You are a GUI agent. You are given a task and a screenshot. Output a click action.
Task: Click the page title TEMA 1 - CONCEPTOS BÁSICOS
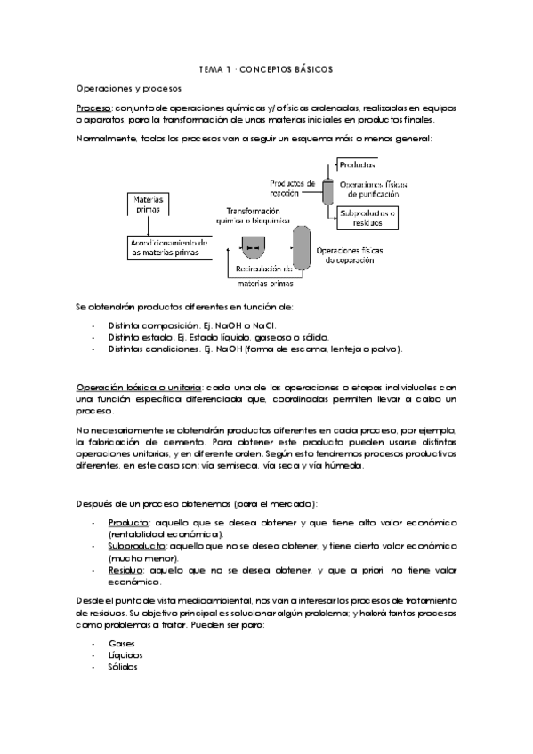tap(266, 69)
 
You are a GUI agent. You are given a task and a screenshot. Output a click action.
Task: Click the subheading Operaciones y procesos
tap(129, 90)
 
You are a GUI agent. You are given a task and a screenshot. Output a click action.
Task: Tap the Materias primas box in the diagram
tap(148, 204)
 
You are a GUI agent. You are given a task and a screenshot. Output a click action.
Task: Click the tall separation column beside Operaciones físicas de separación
tap(302, 245)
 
